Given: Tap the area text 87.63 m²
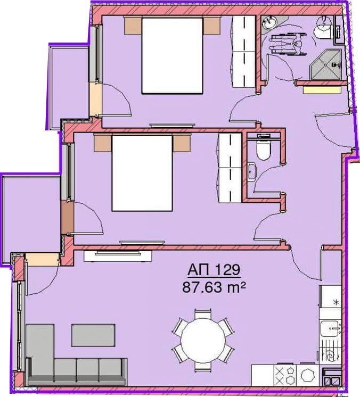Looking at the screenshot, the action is click(x=214, y=287).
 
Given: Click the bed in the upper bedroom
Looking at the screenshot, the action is click(x=172, y=56).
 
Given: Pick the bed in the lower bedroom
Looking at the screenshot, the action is click(x=142, y=173).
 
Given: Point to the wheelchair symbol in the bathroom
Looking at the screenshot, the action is click(x=287, y=45).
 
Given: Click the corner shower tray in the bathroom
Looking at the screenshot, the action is click(x=325, y=64).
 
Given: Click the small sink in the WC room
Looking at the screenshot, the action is click(x=251, y=171).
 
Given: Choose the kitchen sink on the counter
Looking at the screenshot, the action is click(x=330, y=328).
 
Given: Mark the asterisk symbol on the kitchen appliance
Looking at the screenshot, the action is click(x=336, y=302).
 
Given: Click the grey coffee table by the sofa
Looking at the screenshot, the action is click(x=93, y=335).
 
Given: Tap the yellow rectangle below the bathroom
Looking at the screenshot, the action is click(x=322, y=90).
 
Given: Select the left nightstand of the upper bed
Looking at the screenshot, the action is click(x=133, y=26).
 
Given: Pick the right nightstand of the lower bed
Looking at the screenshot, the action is click(x=182, y=143).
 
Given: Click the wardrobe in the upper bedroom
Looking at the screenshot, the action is click(x=244, y=52).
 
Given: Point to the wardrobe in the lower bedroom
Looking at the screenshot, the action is click(x=230, y=168).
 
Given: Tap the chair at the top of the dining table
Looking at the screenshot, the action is click(x=203, y=314).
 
